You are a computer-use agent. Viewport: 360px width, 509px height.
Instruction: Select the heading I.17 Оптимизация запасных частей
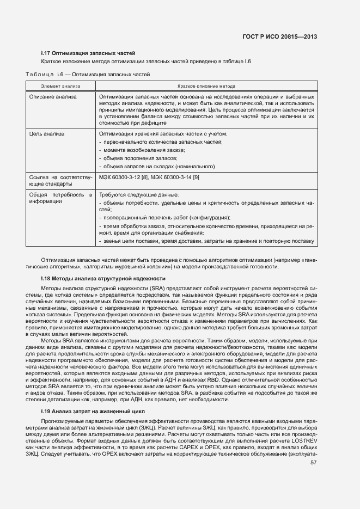point(88,53)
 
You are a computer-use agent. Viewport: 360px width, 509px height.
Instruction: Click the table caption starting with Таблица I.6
point(88,74)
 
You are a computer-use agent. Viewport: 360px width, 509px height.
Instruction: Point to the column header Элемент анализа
point(60,86)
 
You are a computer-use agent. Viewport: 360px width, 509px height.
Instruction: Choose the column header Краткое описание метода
point(206,86)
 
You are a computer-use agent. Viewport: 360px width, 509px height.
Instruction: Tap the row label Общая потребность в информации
point(60,198)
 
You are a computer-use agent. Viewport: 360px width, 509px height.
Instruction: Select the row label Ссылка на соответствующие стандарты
point(60,181)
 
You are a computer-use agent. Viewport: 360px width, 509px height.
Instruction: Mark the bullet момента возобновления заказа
point(144,150)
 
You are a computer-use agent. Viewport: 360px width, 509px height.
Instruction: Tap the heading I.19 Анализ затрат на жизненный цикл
point(93,411)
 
